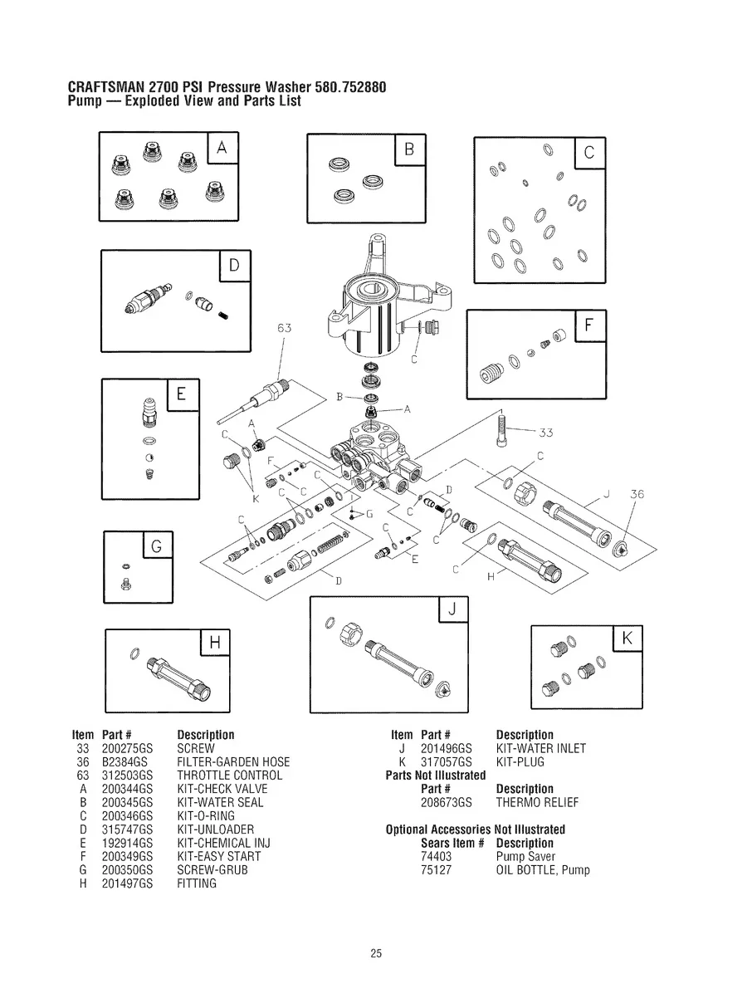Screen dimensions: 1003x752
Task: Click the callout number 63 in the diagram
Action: point(284,328)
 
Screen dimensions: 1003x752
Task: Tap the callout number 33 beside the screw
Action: point(545,432)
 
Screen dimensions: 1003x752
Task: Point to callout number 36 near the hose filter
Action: point(637,495)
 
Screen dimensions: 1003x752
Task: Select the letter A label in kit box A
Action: point(222,149)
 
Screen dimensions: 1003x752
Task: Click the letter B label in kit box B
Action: point(409,150)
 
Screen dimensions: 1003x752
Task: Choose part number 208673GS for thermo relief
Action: point(447,803)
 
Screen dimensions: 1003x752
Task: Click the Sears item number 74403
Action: point(436,857)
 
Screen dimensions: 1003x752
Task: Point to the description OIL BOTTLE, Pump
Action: point(543,870)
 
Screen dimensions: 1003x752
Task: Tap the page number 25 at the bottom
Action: point(376,954)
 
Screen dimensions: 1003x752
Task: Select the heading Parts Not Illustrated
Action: point(436,775)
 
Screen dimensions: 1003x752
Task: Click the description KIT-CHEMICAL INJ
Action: point(224,843)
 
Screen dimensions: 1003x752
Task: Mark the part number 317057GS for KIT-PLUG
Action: point(447,762)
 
